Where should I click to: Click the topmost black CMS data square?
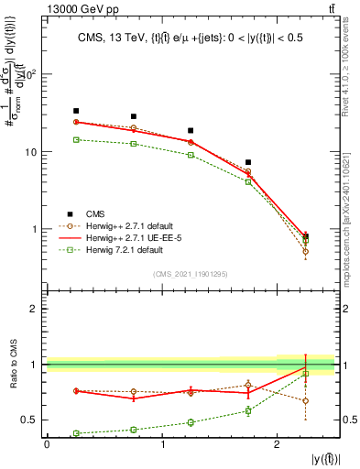[x=76, y=111]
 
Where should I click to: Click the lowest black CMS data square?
[x=305, y=235]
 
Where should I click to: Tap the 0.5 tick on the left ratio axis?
[x=33, y=420]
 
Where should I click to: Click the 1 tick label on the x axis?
[x=162, y=444]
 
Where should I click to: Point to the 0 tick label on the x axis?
[x=47, y=444]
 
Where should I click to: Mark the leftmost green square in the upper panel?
[x=76, y=139]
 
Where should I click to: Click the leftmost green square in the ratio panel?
[x=76, y=433]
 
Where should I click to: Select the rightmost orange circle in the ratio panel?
[x=305, y=400]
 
